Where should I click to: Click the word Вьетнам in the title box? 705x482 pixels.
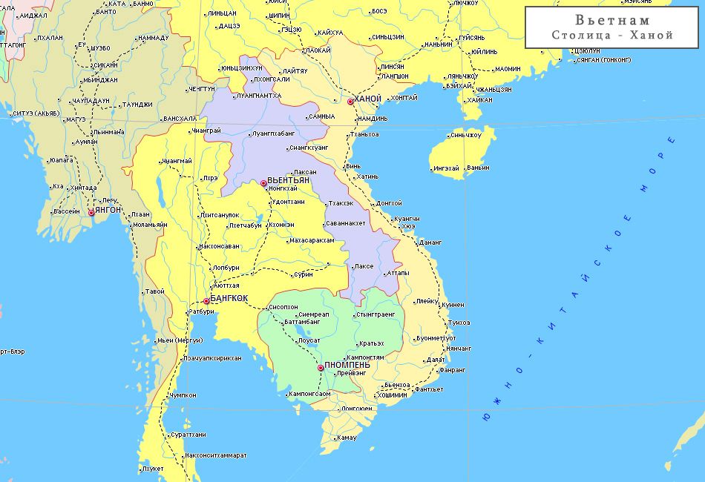612,20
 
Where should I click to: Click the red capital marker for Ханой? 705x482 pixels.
350,101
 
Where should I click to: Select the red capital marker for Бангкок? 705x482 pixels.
206,300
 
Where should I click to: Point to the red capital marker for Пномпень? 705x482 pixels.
321,367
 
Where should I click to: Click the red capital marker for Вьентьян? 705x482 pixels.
263,182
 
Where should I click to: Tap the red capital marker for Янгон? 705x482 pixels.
91,212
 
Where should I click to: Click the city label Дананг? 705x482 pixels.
430,242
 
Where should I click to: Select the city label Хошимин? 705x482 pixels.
392,395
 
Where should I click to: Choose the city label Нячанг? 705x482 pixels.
459,349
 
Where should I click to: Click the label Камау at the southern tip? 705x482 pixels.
347,438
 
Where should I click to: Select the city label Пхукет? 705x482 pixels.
153,469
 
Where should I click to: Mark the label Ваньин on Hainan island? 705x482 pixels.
479,168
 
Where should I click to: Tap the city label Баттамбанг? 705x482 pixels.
303,323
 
